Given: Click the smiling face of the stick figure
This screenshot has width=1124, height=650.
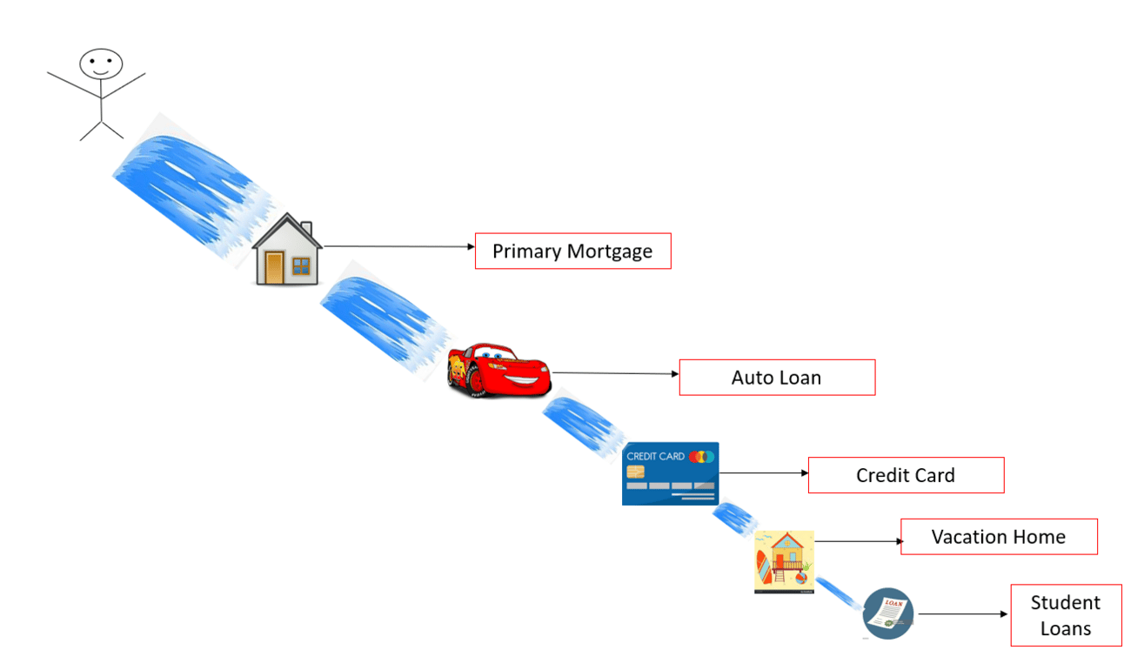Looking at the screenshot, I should [101, 64].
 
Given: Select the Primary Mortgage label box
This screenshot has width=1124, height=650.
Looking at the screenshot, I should [572, 251].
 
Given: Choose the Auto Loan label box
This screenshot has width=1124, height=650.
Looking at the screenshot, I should [777, 378].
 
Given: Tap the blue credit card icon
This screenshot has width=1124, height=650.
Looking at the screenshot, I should [671, 473].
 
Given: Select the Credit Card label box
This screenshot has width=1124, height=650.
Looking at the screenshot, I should [906, 475].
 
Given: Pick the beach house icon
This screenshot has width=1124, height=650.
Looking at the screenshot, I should [784, 561].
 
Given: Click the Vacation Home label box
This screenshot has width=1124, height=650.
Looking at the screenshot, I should [999, 537].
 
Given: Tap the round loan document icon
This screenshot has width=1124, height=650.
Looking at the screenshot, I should [888, 613].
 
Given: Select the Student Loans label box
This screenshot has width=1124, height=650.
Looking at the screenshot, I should [1066, 615].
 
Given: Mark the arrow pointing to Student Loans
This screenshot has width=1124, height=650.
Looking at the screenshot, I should [962, 613].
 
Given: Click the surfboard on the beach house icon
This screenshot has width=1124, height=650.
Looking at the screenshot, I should [763, 573].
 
